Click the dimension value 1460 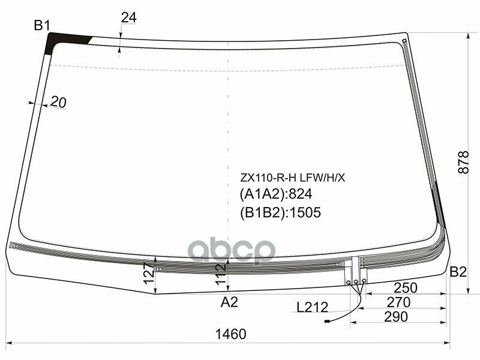click(x=230, y=334)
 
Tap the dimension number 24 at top click(x=128, y=18)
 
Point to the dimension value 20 click(x=58, y=103)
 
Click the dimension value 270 click(x=398, y=302)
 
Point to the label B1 click(x=42, y=25)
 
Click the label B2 click(x=458, y=272)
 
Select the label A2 click(x=230, y=302)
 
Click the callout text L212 click(x=312, y=308)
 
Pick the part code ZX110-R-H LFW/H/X click(x=293, y=178)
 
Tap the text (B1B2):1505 click(x=280, y=212)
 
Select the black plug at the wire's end click(x=327, y=322)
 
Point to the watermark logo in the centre click(x=230, y=250)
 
